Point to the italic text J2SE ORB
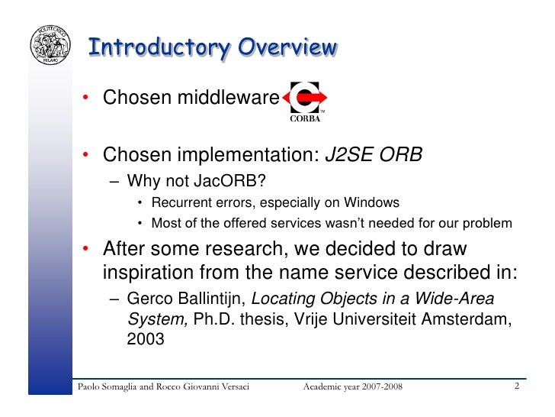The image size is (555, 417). point(374,156)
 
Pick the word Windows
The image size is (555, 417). point(371,202)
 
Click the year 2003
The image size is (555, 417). point(145,339)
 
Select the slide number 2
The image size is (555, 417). point(517,386)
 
